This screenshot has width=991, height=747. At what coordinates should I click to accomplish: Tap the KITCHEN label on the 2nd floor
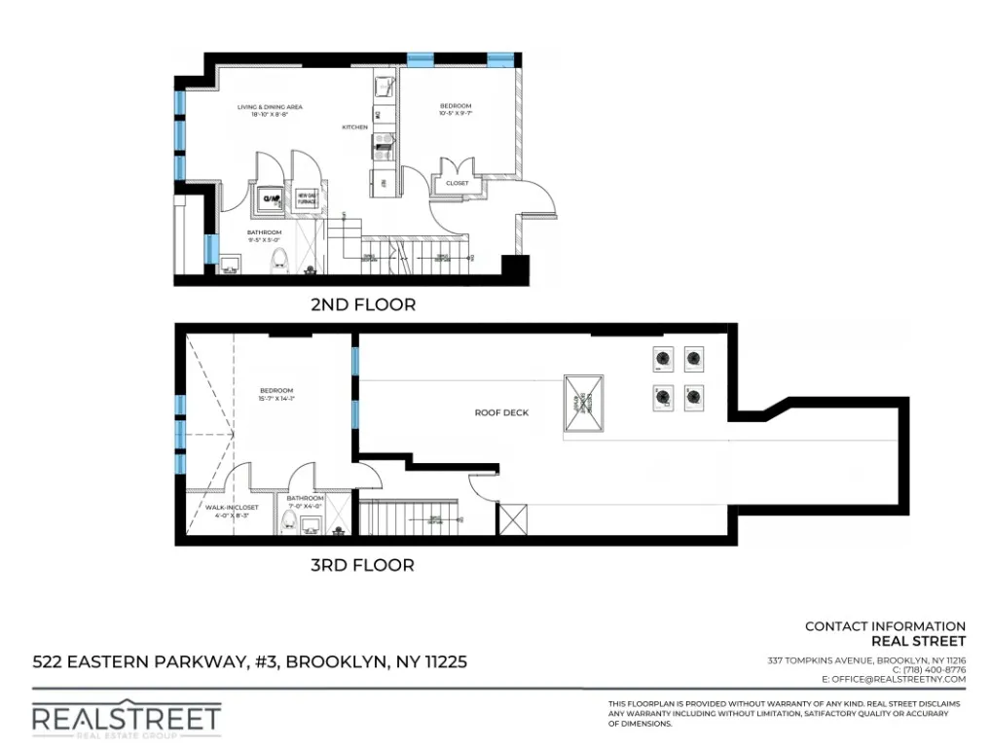354,127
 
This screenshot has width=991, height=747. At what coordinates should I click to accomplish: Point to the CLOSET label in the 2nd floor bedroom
457,183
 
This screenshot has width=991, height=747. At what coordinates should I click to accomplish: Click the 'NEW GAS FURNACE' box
308,198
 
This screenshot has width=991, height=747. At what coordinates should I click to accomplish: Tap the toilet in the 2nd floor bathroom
280,260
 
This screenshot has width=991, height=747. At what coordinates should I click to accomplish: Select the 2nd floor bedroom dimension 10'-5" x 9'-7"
456,115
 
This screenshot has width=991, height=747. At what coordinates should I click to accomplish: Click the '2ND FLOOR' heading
362,304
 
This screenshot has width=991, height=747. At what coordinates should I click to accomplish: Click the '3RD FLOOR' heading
362,565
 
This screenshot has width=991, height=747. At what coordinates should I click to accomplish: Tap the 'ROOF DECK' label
501,412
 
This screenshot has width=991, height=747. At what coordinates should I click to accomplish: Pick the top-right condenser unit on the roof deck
693,359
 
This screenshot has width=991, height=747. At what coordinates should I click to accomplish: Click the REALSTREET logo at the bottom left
127,720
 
